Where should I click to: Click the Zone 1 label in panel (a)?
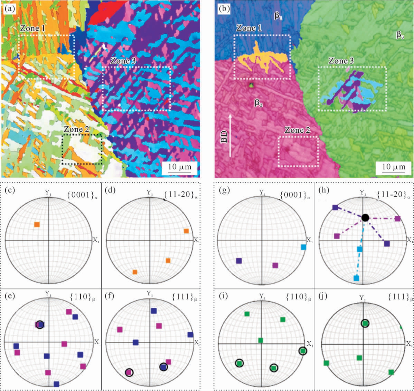33,28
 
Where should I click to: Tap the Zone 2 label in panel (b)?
297,130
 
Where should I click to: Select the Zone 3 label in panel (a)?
123,61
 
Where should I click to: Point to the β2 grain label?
258,103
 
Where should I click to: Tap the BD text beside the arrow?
224,137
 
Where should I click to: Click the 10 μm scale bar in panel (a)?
180,168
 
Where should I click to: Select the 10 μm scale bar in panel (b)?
394,168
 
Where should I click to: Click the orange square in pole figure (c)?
37,224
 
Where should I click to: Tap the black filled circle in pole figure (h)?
365,218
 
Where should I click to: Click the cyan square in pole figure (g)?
304,247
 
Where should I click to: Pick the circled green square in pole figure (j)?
365,323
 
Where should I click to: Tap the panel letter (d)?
110,190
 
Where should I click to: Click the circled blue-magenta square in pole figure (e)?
40,324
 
